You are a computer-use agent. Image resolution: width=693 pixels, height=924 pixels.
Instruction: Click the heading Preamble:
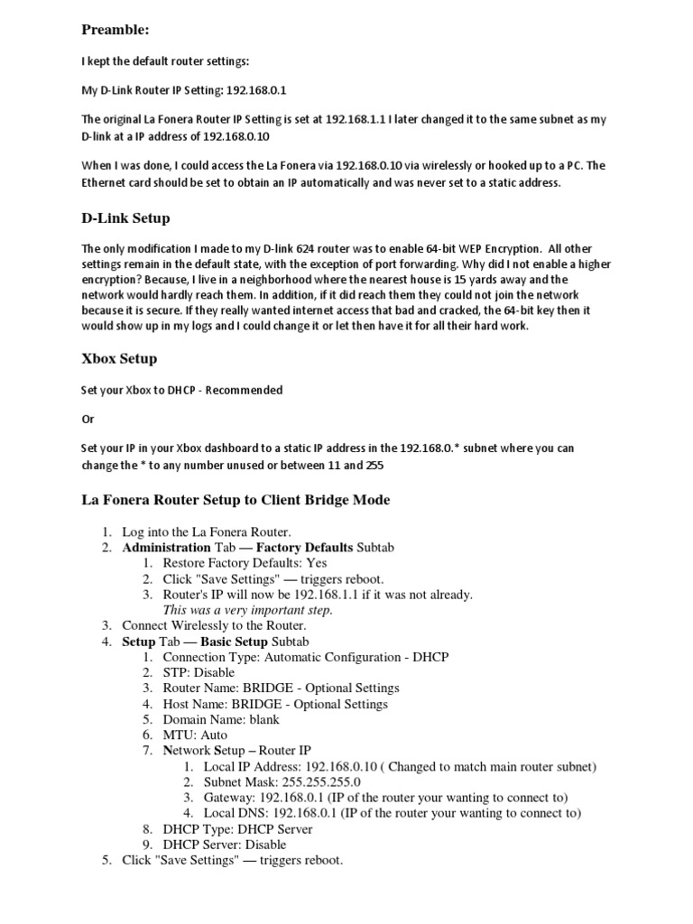[115, 30]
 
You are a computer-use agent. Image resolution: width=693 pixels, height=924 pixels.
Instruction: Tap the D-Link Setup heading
[125, 218]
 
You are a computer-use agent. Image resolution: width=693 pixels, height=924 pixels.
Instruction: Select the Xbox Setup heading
[119, 358]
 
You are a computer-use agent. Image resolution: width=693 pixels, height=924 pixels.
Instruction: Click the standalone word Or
[88, 420]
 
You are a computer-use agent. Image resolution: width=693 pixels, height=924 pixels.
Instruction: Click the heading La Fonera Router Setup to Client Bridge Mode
[236, 500]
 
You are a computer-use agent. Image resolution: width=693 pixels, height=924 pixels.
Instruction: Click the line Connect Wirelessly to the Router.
[214, 625]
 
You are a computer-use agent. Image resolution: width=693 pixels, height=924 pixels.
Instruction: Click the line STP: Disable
[199, 672]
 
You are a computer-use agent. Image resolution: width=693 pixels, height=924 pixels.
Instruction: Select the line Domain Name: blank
[221, 719]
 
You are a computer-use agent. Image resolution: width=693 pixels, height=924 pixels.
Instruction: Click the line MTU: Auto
[195, 735]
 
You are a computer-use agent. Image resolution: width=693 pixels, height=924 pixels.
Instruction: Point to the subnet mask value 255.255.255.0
[307, 781]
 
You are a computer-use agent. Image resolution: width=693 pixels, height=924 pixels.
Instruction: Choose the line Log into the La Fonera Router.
[207, 531]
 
